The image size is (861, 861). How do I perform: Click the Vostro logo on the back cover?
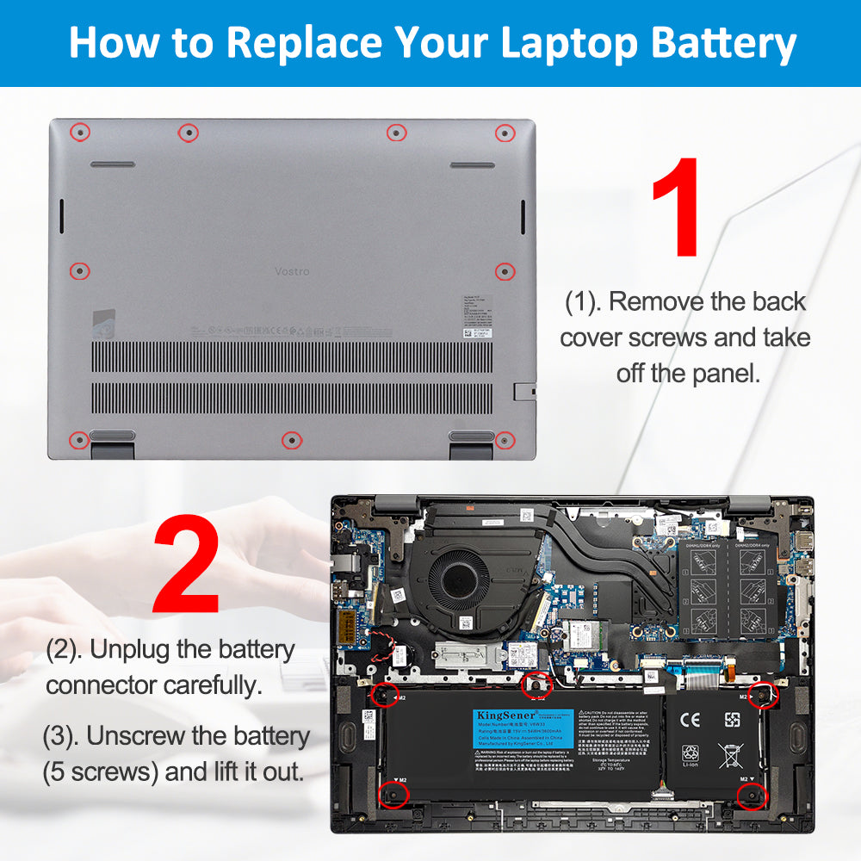(x=292, y=271)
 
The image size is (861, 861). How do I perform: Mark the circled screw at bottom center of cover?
(x=292, y=440)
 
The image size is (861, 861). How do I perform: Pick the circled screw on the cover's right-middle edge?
(x=505, y=271)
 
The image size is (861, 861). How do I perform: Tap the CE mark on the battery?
(x=690, y=720)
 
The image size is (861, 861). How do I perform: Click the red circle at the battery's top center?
(x=537, y=684)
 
